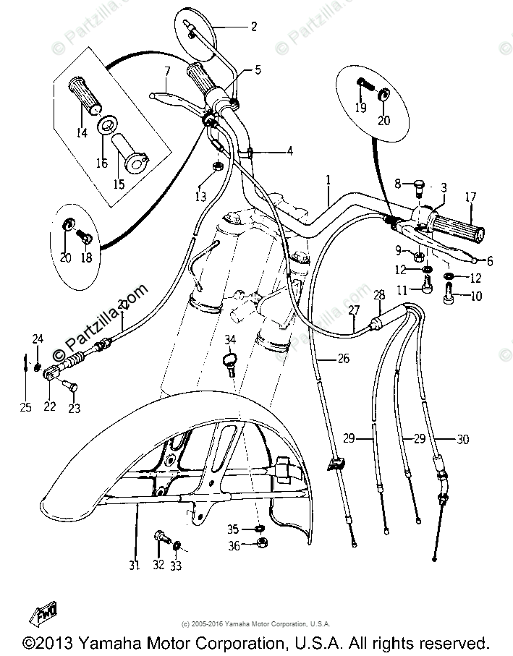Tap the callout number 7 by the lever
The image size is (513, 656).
tap(167, 72)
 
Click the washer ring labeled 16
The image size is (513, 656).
tap(106, 124)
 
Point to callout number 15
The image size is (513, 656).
tap(119, 184)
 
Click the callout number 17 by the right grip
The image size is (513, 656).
tap(470, 196)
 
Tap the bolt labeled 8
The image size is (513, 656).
tap(419, 187)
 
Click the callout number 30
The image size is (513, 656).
tap(464, 439)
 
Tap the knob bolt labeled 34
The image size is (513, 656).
tap(231, 359)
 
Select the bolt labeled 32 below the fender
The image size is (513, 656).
tap(160, 538)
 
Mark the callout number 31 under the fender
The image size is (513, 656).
tap(134, 565)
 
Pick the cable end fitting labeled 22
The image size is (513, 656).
tap(50, 375)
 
